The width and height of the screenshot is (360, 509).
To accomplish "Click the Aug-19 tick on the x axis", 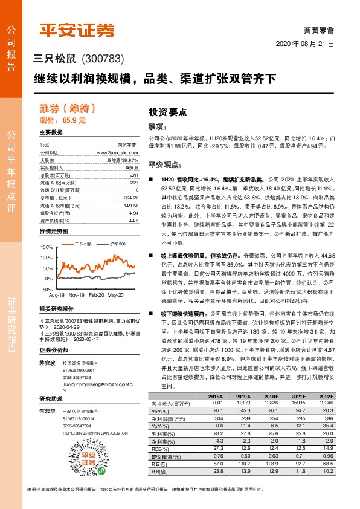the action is click(56, 295).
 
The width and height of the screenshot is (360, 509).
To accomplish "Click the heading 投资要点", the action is click(167, 112).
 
